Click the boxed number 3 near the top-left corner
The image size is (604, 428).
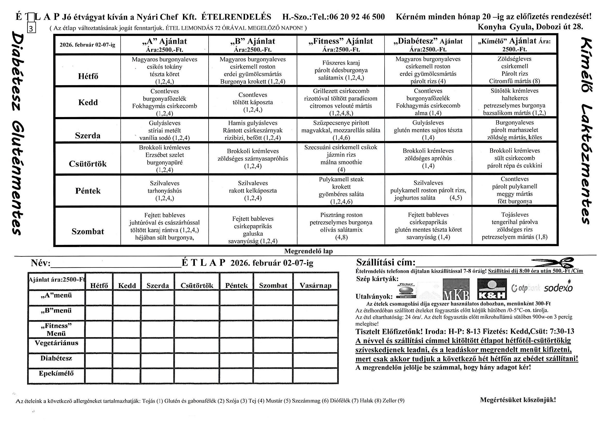pos(31,28)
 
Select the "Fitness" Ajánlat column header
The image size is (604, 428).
pos(341,44)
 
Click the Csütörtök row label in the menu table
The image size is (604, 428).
pos(88,164)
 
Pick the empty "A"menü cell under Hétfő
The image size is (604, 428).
pos(99,297)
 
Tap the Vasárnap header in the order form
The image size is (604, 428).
pos(315,285)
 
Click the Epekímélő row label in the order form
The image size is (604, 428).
pos(56,373)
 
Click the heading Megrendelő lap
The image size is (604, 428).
pos(308,251)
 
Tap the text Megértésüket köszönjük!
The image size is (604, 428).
pos(518,400)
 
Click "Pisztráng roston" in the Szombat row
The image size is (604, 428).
pos(341,215)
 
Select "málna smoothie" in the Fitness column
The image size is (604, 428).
pos(341,162)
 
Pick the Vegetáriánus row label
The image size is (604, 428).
pos(57,343)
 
